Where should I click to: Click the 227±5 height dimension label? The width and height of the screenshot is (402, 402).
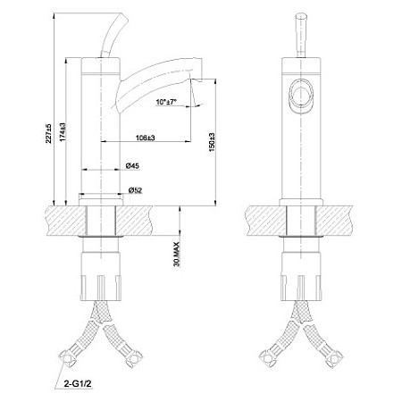tap(48, 133)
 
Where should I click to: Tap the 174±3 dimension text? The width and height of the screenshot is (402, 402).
tap(63, 131)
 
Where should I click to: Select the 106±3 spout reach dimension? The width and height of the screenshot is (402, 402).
tap(145, 138)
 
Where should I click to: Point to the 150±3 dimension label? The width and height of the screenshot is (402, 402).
tap(212, 142)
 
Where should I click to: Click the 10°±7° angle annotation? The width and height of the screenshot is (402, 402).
tap(166, 102)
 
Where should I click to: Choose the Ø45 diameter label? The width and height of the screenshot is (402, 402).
tap(132, 166)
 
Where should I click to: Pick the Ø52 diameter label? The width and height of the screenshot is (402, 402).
tap(135, 190)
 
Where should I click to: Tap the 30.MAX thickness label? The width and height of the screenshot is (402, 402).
tap(177, 255)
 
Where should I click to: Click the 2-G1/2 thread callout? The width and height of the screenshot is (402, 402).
tap(78, 384)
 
